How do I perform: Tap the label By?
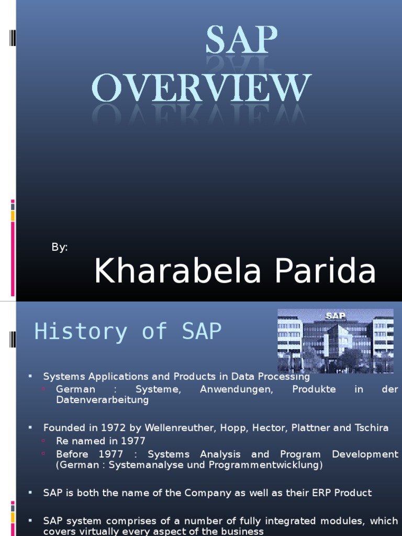point(60,248)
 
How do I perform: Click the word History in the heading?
point(81,331)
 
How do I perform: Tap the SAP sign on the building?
point(336,316)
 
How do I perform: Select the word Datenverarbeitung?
point(102,400)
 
